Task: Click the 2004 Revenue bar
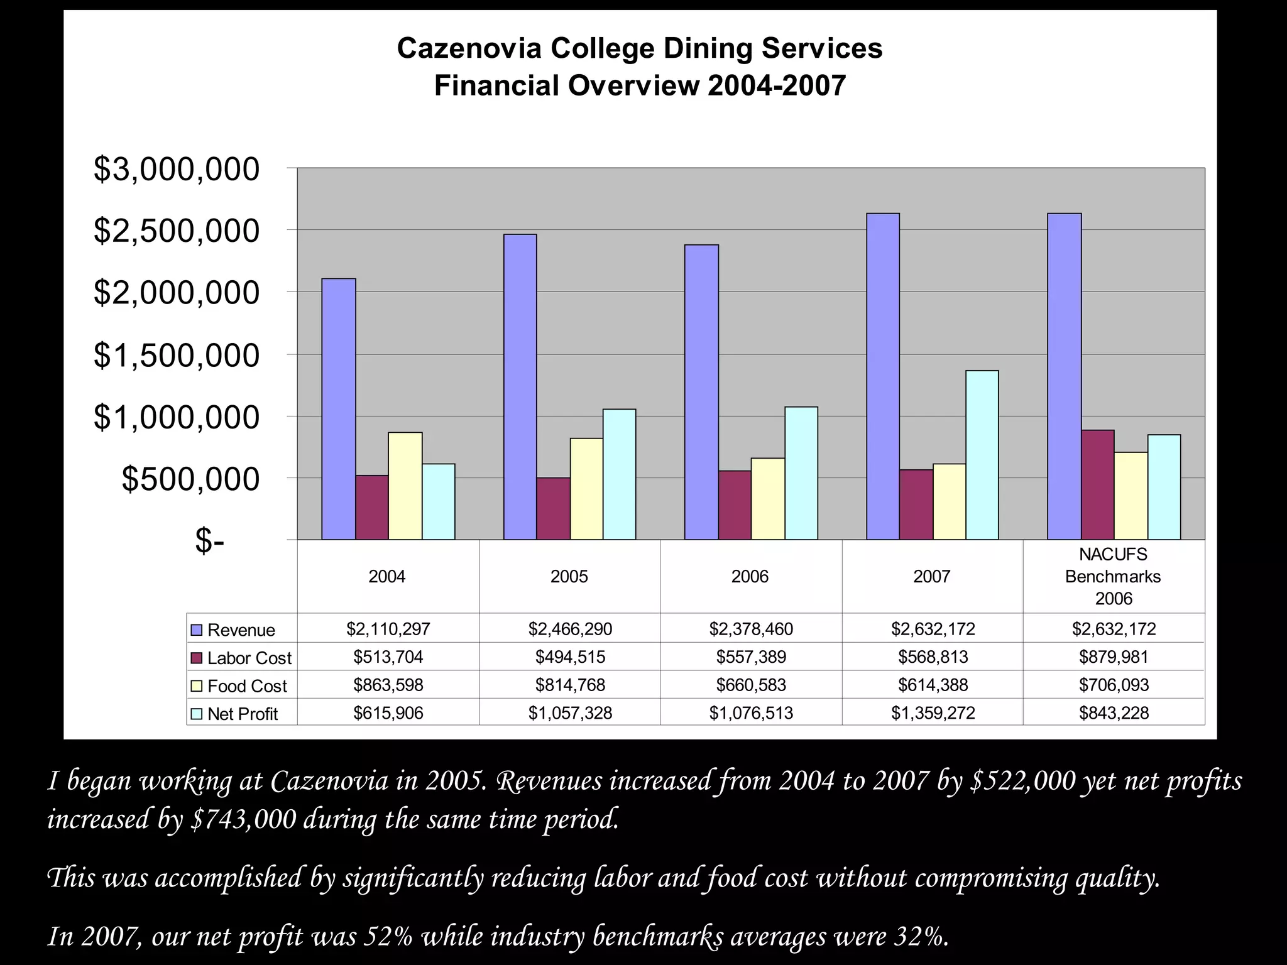point(339,408)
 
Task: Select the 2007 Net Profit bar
point(982,455)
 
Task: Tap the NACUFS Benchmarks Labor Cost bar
point(1098,484)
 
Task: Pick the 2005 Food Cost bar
point(586,488)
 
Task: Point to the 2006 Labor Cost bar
point(735,504)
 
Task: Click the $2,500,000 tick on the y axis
point(177,231)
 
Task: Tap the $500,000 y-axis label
point(190,479)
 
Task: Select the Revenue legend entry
point(241,630)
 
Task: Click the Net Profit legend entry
point(242,714)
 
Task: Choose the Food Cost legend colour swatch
point(197,686)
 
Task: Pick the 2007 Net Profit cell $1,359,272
point(933,713)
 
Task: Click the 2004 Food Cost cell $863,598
point(388,685)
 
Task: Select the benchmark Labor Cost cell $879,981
point(1114,657)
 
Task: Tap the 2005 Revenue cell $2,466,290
point(569,629)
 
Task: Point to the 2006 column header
point(750,576)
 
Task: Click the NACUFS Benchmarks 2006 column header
point(1113,576)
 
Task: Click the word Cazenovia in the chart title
point(469,48)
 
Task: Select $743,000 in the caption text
point(243,819)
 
